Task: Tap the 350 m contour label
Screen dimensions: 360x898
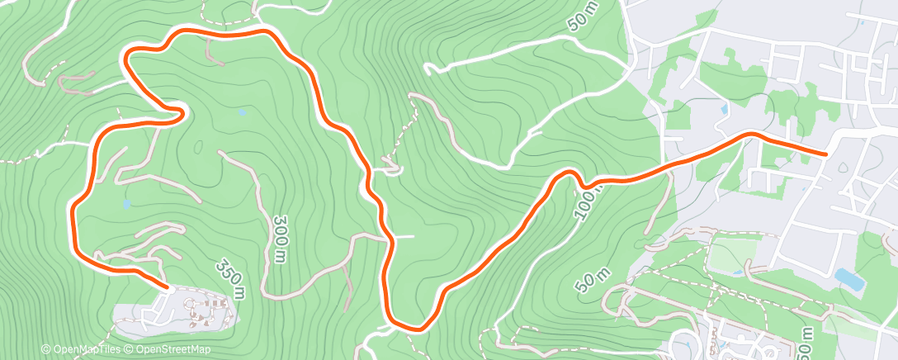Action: (x=231, y=279)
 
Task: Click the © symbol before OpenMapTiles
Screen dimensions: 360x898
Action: (x=45, y=350)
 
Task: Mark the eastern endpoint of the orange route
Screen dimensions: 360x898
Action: (x=826, y=153)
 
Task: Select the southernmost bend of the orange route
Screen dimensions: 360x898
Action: (x=413, y=328)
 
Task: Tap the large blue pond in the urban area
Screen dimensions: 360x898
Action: (x=849, y=280)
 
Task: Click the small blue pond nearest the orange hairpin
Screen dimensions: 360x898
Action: (x=241, y=111)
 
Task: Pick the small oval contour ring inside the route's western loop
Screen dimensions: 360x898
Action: (x=199, y=148)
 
